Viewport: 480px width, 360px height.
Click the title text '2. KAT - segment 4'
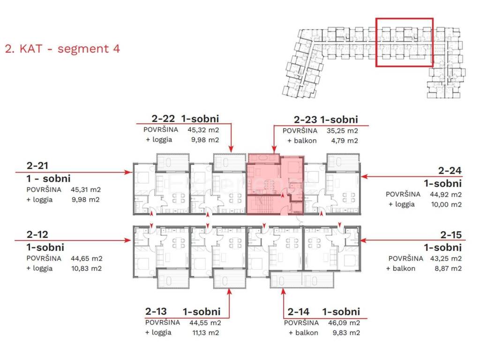point(62,49)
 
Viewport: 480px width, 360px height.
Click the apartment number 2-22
point(163,119)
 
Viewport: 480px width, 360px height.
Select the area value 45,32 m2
point(203,130)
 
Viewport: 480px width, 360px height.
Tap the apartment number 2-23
point(306,120)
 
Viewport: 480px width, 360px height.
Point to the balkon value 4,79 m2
point(345,141)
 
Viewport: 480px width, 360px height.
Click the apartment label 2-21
point(37,165)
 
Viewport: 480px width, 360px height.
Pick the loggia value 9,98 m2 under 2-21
point(85,200)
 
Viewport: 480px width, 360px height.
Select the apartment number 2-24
point(450,171)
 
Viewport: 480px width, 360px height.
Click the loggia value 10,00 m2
point(446,204)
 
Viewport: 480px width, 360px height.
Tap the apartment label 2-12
point(37,234)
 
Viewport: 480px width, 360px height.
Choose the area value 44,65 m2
point(86,258)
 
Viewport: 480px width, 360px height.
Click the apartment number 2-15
point(451,235)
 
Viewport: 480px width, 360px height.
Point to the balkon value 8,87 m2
point(448,269)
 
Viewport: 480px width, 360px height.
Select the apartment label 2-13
point(156,311)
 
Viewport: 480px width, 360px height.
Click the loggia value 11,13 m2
point(205,333)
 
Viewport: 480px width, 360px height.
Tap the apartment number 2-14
point(299,312)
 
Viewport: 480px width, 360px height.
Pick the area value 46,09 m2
point(344,322)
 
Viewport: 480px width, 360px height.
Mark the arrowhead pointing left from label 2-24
point(364,176)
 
